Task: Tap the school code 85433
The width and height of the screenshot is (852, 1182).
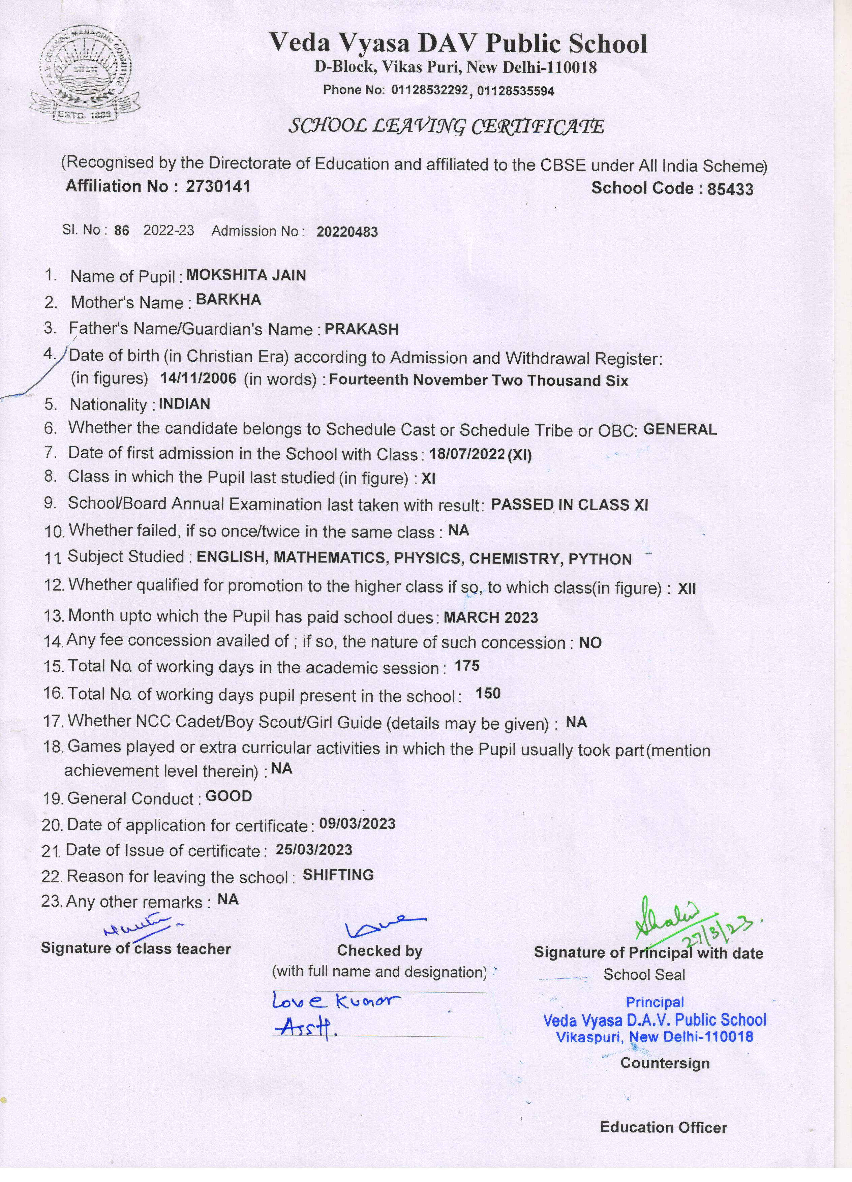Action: click(x=730, y=189)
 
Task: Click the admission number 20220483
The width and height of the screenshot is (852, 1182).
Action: click(x=347, y=232)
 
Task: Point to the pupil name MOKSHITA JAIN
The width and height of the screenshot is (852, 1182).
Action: click(x=246, y=275)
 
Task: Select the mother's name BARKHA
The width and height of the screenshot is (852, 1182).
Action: click(x=228, y=300)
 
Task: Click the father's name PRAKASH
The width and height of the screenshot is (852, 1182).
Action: click(x=362, y=329)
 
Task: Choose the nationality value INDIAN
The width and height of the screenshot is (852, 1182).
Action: click(x=184, y=404)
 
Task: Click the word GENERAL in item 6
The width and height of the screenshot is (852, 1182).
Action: click(x=680, y=429)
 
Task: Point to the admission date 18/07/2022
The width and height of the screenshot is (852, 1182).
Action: click(x=467, y=454)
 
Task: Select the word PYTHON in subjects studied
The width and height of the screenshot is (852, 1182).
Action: click(x=600, y=559)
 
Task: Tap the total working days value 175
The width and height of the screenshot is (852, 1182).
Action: click(x=467, y=666)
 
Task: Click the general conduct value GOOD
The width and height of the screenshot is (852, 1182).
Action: click(x=229, y=796)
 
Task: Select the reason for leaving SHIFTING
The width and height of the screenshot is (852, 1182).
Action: click(x=338, y=875)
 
